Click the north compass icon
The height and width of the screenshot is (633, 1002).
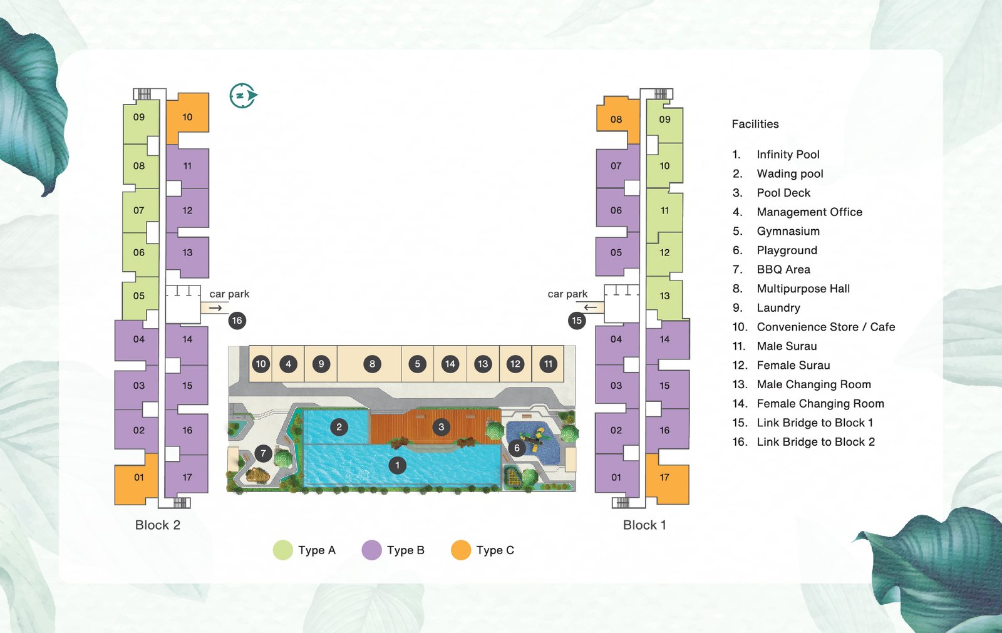point(243,96)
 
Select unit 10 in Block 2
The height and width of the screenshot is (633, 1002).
point(187,116)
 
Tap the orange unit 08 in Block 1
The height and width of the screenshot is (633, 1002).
point(616,119)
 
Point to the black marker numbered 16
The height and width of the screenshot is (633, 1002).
point(237,321)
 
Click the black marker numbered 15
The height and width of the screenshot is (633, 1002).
point(577,321)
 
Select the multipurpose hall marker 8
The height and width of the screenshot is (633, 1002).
point(372,364)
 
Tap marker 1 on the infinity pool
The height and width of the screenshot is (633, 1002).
point(397,465)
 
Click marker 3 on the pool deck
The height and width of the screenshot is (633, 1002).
point(442,427)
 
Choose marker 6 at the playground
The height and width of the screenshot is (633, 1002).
point(517,448)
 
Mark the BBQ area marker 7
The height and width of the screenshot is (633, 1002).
point(263,453)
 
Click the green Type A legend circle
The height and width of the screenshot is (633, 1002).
point(283,550)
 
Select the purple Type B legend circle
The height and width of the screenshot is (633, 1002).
point(372,550)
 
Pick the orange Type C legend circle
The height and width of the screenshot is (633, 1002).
point(461,550)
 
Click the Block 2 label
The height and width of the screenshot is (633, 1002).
point(158,525)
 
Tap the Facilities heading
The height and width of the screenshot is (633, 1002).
point(755,124)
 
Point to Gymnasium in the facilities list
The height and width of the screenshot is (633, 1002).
point(788,231)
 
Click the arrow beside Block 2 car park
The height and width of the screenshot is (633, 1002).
point(215,308)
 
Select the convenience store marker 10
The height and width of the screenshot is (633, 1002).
point(261,364)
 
